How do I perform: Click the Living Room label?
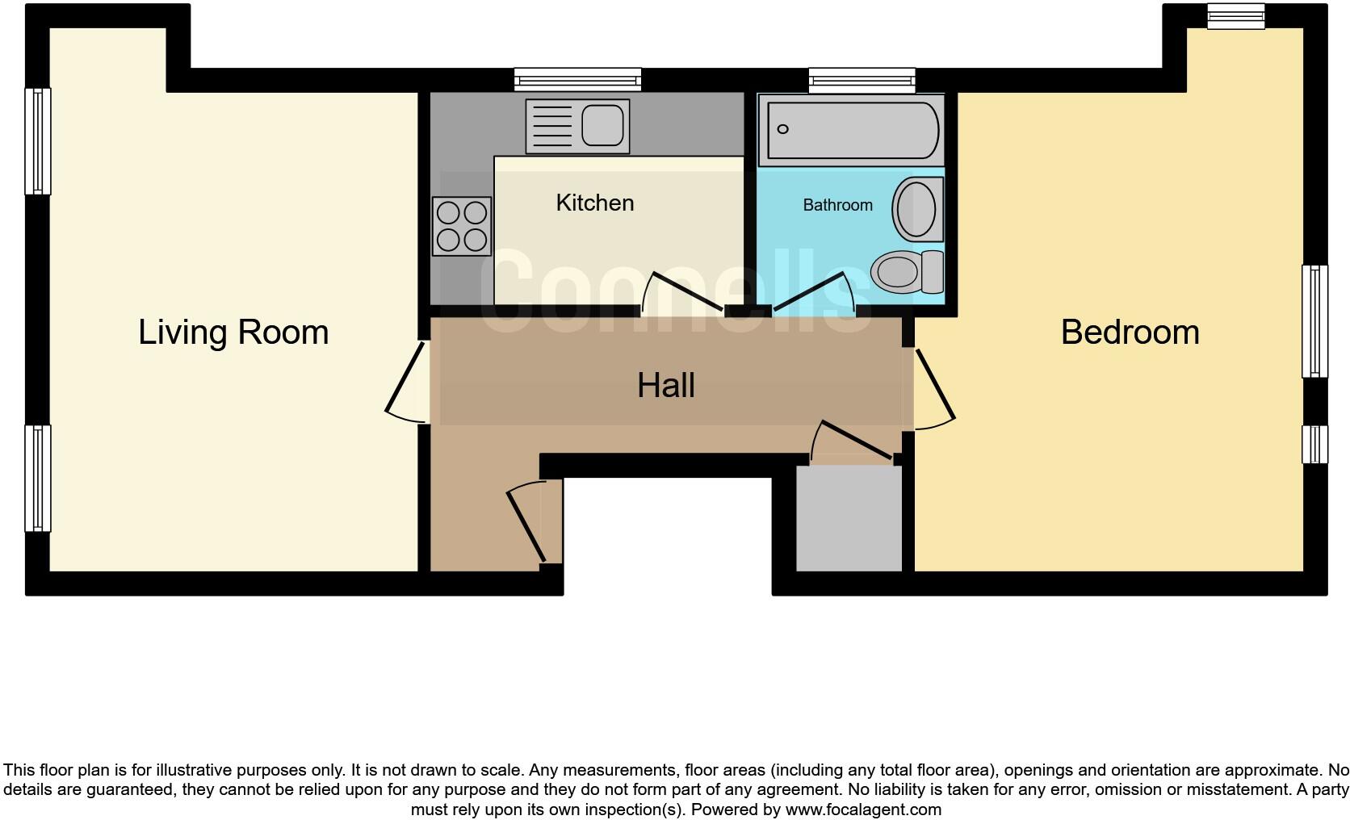[x=233, y=332]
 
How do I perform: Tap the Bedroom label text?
[x=1130, y=332]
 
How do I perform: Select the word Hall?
[x=665, y=385]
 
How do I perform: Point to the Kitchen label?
[x=595, y=203]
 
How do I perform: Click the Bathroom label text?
[x=837, y=205]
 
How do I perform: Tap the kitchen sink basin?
[x=602, y=125]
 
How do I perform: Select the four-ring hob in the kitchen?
[x=462, y=226]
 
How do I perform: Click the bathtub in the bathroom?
[x=852, y=129]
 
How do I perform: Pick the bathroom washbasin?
[x=916, y=208]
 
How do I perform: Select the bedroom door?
[x=935, y=386]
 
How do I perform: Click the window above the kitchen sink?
[x=578, y=79]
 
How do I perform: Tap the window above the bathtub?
[x=862, y=79]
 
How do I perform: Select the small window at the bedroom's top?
[x=1235, y=16]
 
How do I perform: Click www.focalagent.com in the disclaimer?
[x=863, y=810]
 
